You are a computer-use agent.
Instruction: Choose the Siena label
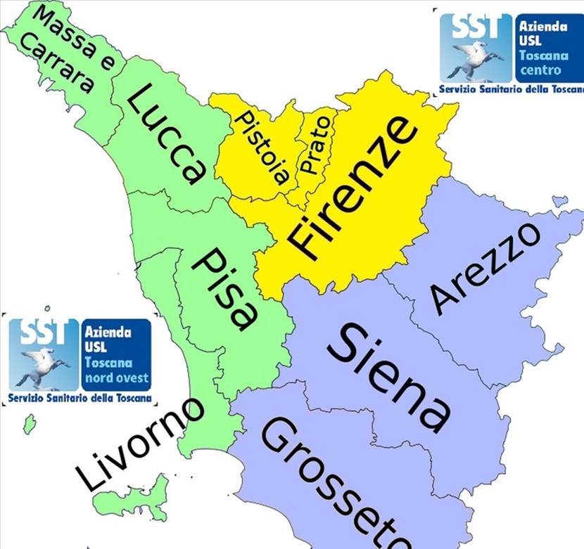point(391,376)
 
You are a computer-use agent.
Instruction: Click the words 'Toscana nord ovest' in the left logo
point(117,370)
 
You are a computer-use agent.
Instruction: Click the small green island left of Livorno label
point(29,424)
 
